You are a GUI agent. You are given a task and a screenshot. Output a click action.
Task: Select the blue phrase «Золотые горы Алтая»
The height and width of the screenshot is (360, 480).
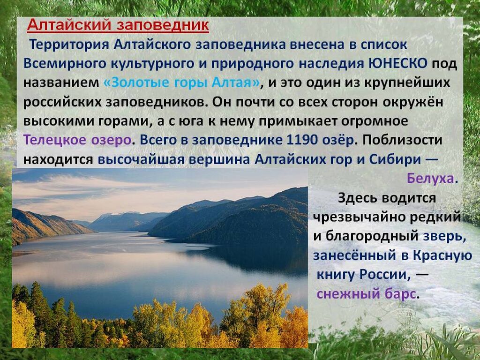(x=182, y=82)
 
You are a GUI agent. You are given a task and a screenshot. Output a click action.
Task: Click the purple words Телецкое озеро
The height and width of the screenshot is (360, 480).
(x=78, y=140)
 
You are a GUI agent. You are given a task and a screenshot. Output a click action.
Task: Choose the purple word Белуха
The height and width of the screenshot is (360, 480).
(x=430, y=178)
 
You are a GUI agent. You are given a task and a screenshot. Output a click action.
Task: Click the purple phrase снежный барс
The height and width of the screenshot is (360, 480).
(x=367, y=294)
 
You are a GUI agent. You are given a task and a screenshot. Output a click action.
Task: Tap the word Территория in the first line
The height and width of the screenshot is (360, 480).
(x=69, y=45)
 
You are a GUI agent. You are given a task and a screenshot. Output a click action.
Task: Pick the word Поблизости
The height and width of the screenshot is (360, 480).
(x=403, y=140)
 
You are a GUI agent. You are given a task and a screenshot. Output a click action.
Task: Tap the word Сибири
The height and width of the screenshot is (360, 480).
(x=395, y=159)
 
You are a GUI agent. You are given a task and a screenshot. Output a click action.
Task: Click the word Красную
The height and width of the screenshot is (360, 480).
(x=442, y=255)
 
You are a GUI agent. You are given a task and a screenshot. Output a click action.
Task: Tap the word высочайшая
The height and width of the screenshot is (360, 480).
(x=141, y=159)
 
